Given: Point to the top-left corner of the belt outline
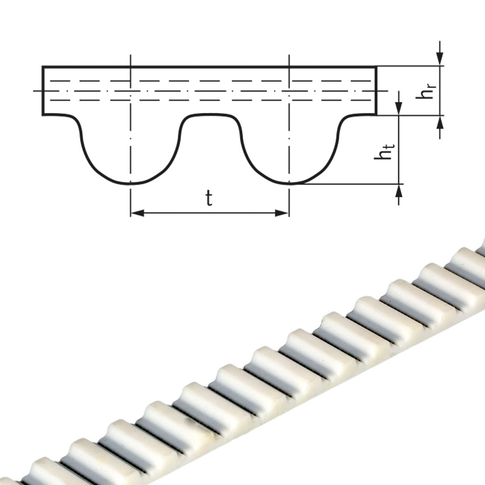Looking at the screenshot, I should click(43, 67).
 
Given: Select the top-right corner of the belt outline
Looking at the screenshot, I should click(376, 67).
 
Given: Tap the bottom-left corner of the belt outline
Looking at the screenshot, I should click(43, 114).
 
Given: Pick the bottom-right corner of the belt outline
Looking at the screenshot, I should click(376, 114).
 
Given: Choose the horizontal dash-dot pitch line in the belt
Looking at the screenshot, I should click(210, 91).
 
